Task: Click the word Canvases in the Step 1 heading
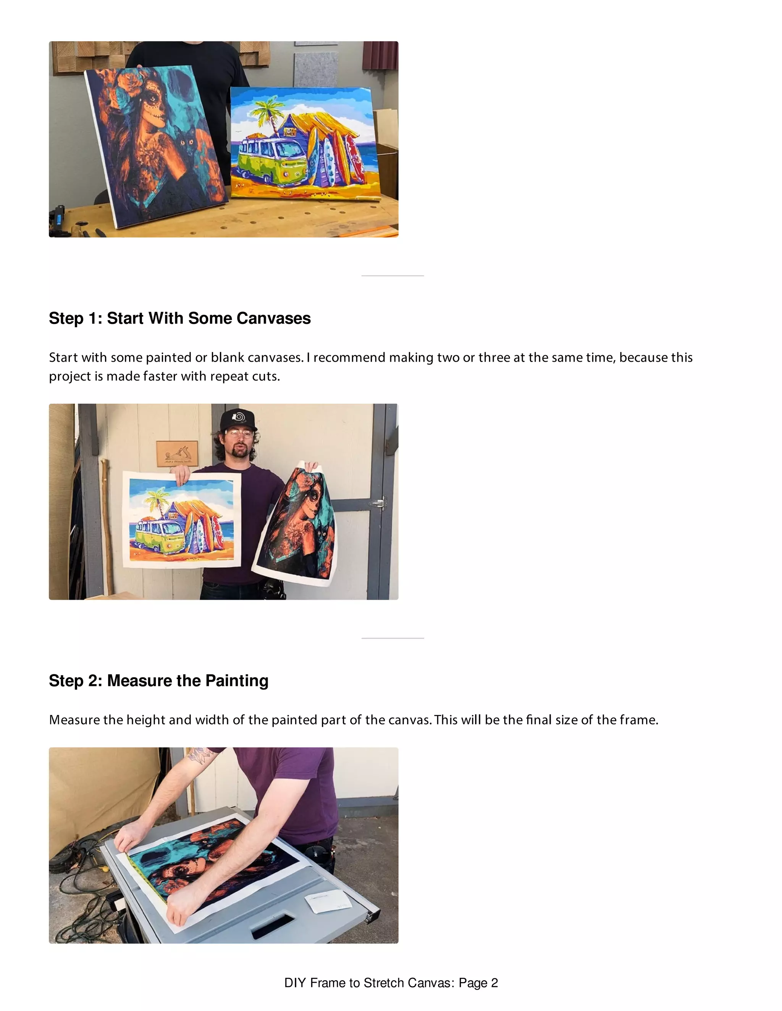point(273,319)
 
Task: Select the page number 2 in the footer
point(494,983)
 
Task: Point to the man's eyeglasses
point(239,434)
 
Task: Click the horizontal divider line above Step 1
point(393,276)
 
